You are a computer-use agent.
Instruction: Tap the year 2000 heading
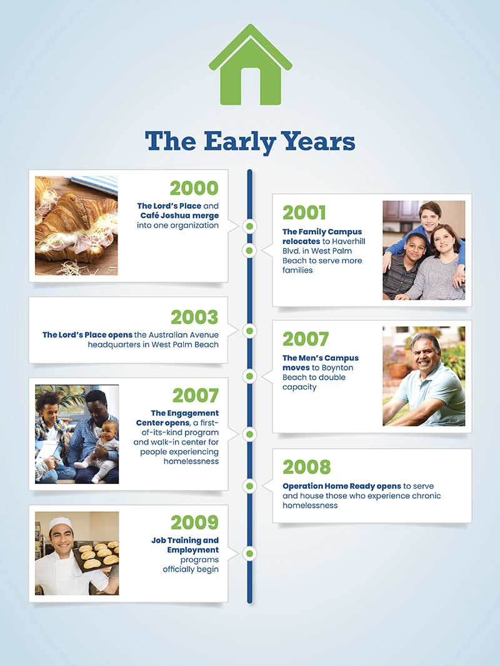pos(194,188)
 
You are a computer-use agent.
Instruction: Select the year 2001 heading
pos(304,213)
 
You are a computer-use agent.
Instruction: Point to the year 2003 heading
pos(195,317)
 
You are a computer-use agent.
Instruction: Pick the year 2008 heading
pos(306,468)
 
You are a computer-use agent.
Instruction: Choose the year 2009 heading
pos(195,522)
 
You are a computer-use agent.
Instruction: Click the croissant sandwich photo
pos(76,225)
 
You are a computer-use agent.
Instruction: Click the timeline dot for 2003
pos(249,330)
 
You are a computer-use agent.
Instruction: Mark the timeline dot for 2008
pos(249,486)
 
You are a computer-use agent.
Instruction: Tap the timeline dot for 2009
pos(249,553)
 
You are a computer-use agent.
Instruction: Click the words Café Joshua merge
pos(179,215)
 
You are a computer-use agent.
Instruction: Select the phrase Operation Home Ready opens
pos(342,486)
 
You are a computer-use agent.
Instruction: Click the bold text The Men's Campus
pos(321,358)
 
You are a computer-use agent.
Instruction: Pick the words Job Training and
pos(185,541)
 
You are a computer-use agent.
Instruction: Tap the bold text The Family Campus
pos(322,232)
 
